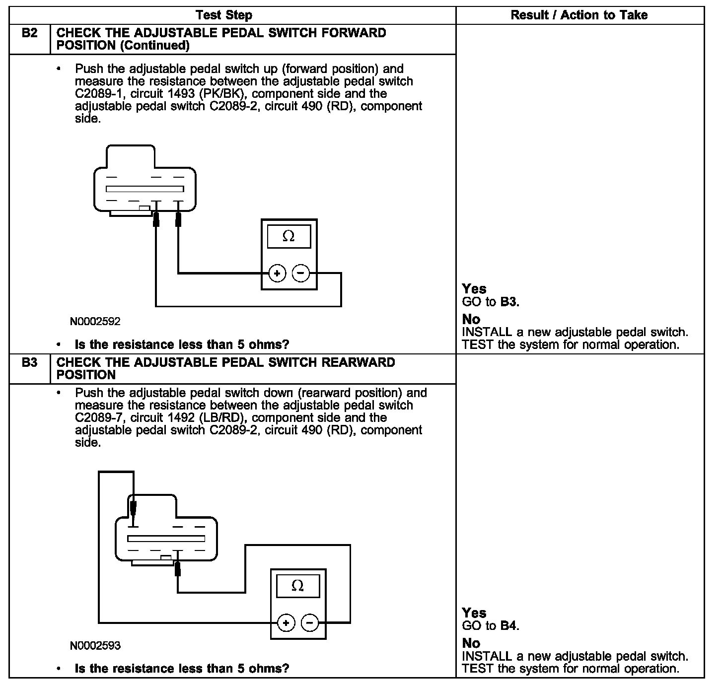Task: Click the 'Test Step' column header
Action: click(x=223, y=15)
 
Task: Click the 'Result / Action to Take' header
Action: click(x=579, y=15)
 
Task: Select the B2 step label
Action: click(x=30, y=33)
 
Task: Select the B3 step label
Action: click(x=30, y=362)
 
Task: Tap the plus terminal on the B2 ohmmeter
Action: click(x=277, y=273)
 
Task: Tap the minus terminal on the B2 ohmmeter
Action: click(x=300, y=273)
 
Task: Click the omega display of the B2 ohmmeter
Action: click(x=289, y=236)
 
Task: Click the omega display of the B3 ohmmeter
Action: click(x=297, y=586)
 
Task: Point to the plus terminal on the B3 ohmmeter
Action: click(x=286, y=622)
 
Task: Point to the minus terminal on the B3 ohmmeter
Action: click(x=309, y=622)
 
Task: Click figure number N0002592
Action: click(x=95, y=322)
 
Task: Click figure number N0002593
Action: click(x=95, y=646)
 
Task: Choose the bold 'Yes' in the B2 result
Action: click(x=474, y=289)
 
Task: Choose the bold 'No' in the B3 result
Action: click(x=471, y=643)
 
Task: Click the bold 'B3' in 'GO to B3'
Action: click(x=509, y=302)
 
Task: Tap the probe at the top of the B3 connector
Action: click(x=133, y=507)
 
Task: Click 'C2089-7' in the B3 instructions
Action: click(x=97, y=418)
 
